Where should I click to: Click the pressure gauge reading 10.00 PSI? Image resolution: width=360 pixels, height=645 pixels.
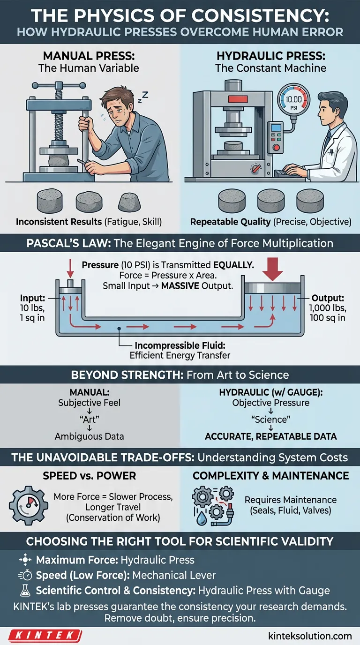point(293,101)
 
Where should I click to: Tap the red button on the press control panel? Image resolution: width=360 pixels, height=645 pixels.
point(276,148)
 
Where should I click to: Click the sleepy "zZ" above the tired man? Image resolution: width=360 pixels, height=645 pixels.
point(143,97)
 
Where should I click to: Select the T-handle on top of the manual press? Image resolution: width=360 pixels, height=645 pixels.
point(59,85)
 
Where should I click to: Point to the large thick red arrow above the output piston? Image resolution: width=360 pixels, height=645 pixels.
point(272,269)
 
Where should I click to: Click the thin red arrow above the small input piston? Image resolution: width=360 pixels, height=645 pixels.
point(70,269)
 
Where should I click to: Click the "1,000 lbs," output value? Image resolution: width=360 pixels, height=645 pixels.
point(328,308)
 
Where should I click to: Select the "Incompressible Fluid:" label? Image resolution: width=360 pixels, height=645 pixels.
point(180,345)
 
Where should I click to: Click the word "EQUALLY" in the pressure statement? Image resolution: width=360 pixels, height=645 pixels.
point(233,265)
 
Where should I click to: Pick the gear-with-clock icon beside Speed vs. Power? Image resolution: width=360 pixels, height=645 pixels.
point(28,506)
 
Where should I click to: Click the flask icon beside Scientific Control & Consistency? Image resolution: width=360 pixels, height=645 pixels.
point(25,590)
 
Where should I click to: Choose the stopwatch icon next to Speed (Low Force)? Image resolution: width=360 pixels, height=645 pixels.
point(25,575)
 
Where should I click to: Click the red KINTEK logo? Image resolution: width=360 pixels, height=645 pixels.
point(45,635)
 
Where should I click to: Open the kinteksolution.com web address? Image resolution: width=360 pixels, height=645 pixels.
point(310,636)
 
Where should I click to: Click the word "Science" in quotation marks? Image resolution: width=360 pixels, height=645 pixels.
point(271,419)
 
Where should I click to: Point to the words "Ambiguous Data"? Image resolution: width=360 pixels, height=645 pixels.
point(89,436)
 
